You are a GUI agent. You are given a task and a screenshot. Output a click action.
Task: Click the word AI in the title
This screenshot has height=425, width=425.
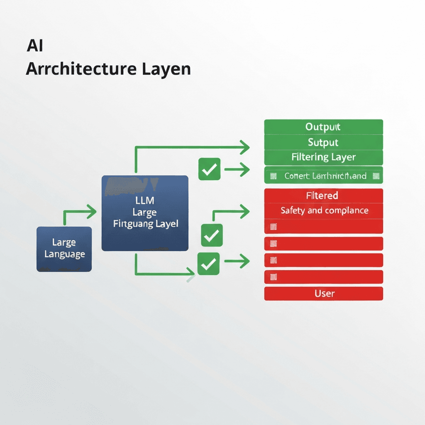pos(35,46)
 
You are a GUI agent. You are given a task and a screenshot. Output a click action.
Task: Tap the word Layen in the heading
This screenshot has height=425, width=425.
pos(167,69)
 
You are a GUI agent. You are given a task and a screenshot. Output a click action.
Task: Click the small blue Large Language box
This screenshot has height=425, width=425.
pos(64,249)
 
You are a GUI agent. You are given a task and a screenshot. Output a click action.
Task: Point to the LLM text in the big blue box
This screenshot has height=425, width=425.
pos(145,201)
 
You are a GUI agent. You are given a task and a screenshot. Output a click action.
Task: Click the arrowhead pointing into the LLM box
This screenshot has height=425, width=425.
pos(92,212)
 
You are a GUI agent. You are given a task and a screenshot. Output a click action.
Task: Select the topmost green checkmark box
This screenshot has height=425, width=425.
pos(210,169)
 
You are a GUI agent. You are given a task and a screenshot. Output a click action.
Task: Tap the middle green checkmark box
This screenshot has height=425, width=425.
pos(212,235)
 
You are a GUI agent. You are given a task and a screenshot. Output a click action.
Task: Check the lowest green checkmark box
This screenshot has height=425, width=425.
pos(208,264)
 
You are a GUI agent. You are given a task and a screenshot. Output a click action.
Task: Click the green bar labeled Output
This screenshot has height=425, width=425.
pos(323,127)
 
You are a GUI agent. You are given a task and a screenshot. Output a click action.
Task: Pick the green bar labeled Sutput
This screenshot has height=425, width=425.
pos(323,142)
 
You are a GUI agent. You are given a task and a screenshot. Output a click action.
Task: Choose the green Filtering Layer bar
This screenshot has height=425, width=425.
pos(323,157)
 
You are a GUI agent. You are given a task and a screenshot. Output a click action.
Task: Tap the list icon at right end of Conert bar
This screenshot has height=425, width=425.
pos(376,176)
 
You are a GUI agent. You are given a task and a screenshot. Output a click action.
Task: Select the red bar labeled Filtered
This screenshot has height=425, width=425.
pos(323,195)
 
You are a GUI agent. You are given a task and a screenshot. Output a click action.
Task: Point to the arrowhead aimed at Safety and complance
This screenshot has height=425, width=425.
pos(245,212)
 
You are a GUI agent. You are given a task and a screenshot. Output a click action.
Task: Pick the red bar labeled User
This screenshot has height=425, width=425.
pos(323,293)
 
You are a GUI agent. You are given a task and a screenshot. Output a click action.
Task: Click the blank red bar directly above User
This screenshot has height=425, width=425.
pos(323,276)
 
